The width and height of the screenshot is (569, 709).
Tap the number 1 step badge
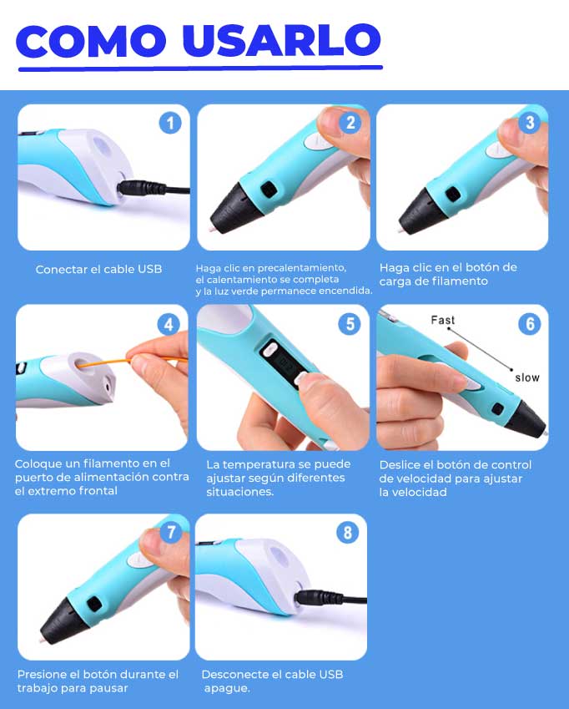[x=170, y=123]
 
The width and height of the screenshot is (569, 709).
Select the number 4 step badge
[x=169, y=324]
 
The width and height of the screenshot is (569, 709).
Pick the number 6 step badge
[x=530, y=324]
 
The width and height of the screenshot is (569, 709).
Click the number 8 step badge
[x=347, y=533]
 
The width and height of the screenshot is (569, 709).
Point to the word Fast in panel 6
[x=442, y=320]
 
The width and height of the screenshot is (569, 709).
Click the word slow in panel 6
[x=527, y=377]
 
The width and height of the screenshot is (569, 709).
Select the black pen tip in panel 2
[x=234, y=208]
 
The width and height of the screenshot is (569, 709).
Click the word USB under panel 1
[x=150, y=269]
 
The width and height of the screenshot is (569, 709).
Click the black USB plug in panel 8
[x=319, y=597]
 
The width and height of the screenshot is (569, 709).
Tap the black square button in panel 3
[x=453, y=195]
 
